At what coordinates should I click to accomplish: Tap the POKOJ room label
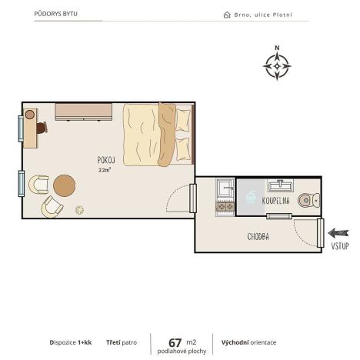point(106,159)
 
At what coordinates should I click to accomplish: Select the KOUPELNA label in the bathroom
point(275,200)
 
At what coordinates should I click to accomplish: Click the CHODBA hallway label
point(258,237)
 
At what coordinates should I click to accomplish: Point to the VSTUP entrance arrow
point(338,233)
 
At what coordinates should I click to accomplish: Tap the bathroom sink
point(278,185)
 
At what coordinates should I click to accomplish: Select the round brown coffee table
point(65,185)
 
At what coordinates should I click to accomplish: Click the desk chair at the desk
point(29,115)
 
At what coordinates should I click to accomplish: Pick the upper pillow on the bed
point(183,118)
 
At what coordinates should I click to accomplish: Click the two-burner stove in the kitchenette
point(225,206)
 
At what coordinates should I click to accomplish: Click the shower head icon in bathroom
point(250,197)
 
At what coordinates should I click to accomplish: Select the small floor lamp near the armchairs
point(79,209)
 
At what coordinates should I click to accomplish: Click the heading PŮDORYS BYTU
point(56,14)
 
